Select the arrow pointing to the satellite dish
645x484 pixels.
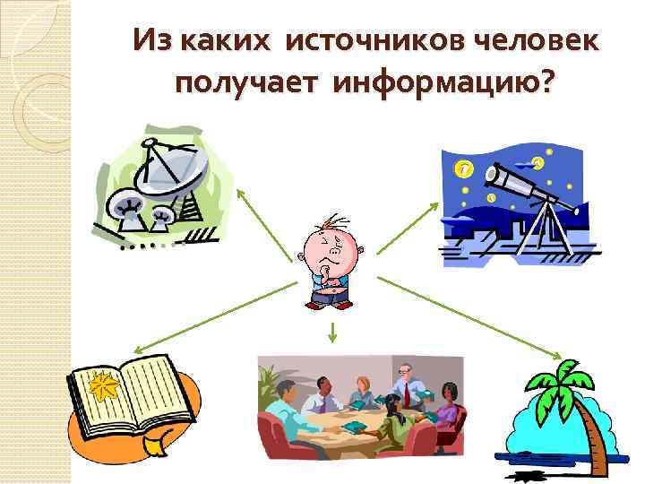point(265,223)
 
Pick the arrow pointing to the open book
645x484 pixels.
point(214,314)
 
